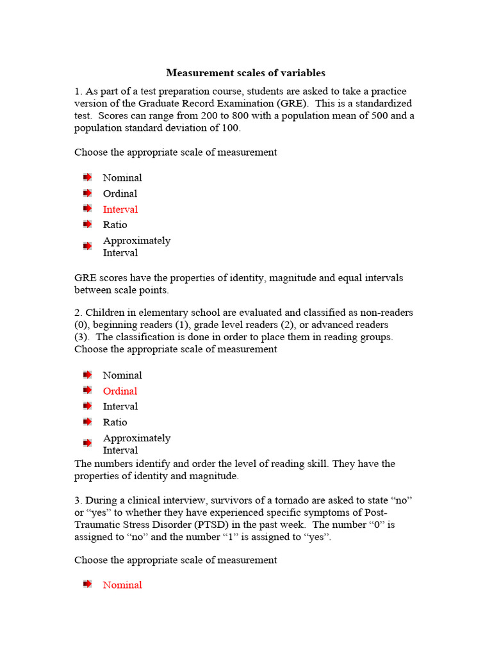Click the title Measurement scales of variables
pyautogui.click(x=246, y=73)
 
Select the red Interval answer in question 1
pyautogui.click(x=120, y=209)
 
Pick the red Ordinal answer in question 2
pyautogui.click(x=120, y=391)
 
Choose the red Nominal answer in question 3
pyautogui.click(x=122, y=585)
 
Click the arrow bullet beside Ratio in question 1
pyautogui.click(x=87, y=225)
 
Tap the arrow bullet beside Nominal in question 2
pyautogui.click(x=87, y=375)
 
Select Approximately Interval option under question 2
pyautogui.click(x=136, y=444)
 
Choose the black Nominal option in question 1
pyautogui.click(x=122, y=178)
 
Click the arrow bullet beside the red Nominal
pyautogui.click(x=87, y=585)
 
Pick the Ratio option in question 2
pyautogui.click(x=115, y=422)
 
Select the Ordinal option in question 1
pyautogui.click(x=120, y=193)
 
